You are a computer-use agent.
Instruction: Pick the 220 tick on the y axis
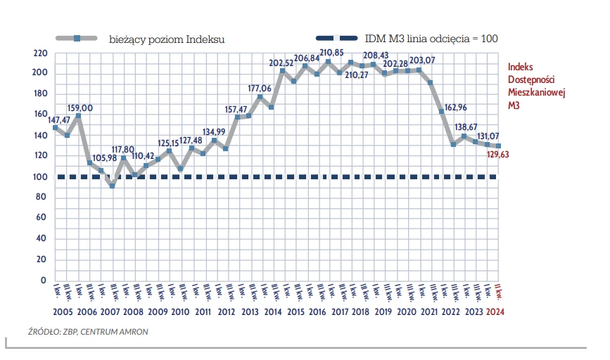[x=40, y=53]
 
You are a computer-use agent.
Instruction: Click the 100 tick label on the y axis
[x=40, y=177]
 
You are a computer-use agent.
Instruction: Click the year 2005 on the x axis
[x=64, y=312]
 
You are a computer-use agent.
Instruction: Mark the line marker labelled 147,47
[x=56, y=128]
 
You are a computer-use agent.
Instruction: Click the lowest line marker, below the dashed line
[x=112, y=186]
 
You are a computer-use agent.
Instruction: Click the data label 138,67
[x=470, y=127]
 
